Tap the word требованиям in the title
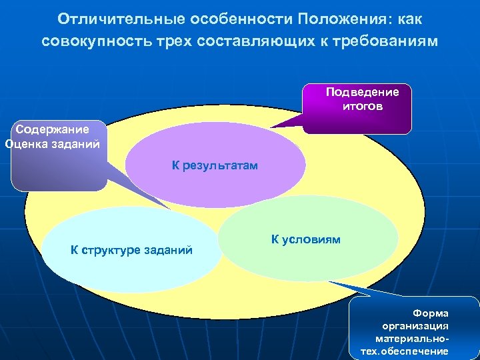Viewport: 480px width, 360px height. click(x=389, y=41)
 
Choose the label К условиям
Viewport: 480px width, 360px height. click(x=305, y=239)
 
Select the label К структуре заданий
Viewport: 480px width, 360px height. click(x=131, y=250)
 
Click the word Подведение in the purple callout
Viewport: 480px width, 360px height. click(x=362, y=93)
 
